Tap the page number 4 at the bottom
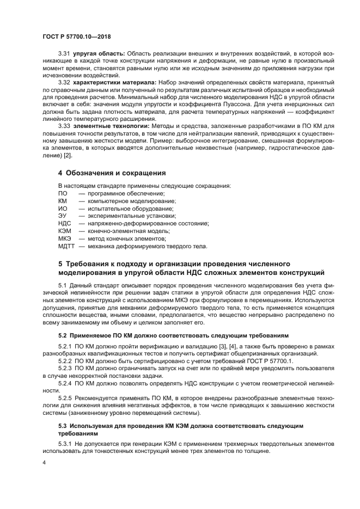[44, 461]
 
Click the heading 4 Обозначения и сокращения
[112, 173]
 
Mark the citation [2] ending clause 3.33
[68, 156]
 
